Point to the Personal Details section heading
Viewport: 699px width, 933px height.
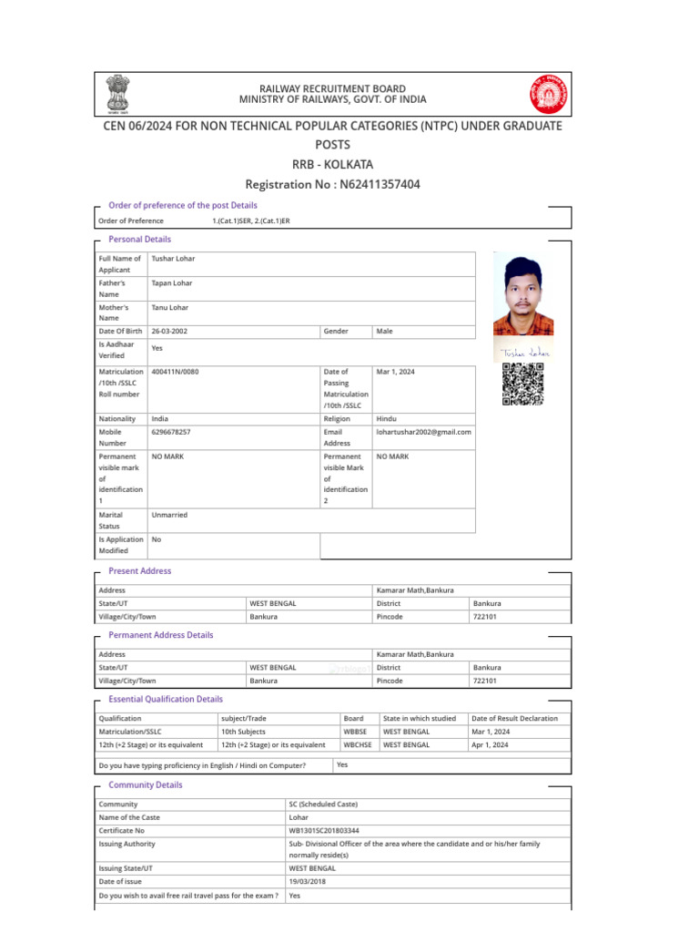(x=139, y=239)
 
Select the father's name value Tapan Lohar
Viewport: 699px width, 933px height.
(x=172, y=282)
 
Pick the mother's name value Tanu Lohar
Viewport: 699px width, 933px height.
(x=170, y=307)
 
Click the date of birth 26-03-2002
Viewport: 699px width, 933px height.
(x=169, y=332)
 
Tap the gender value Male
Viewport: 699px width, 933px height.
(x=384, y=332)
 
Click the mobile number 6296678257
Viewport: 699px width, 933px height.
(x=171, y=431)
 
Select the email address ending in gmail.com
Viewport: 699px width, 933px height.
(x=423, y=431)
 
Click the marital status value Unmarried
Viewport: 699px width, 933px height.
(x=169, y=515)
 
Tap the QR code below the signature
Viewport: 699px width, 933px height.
(x=523, y=384)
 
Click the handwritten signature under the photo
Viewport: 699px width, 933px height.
(x=523, y=352)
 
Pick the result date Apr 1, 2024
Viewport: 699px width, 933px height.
(x=490, y=744)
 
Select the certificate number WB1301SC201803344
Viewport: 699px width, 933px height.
(x=324, y=830)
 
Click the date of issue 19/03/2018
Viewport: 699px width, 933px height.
(x=309, y=882)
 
